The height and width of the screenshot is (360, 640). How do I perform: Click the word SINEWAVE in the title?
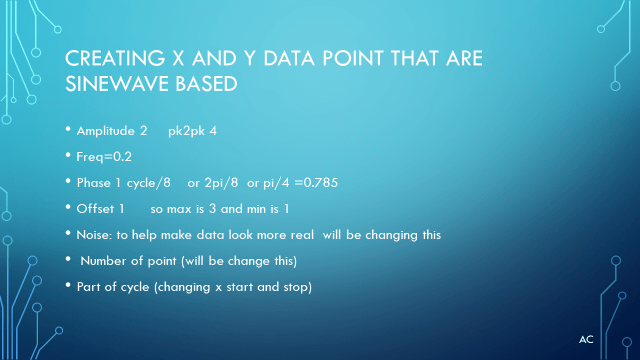[x=116, y=84]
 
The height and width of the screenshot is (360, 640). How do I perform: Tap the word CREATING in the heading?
[x=115, y=58]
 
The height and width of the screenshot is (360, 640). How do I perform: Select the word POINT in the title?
[x=353, y=58]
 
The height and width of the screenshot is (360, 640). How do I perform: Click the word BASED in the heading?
[x=206, y=84]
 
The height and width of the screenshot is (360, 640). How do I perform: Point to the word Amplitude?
[x=106, y=131]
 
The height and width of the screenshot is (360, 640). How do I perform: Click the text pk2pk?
[x=187, y=131]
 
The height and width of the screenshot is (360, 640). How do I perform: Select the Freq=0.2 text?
[x=104, y=157]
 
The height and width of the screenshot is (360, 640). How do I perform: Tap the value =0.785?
[x=316, y=183]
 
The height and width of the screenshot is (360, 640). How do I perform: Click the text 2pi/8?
[x=221, y=183]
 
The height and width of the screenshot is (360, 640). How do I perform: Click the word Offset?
[x=95, y=209]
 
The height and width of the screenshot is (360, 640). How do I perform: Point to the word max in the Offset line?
[x=179, y=209]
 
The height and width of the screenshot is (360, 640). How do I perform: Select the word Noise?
[x=94, y=235]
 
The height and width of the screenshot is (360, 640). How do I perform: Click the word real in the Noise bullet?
[x=302, y=235]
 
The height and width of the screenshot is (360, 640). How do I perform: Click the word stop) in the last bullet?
[x=298, y=287]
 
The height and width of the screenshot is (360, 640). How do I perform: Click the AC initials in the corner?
[x=586, y=340]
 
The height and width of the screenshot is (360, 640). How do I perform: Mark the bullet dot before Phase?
[x=68, y=181]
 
